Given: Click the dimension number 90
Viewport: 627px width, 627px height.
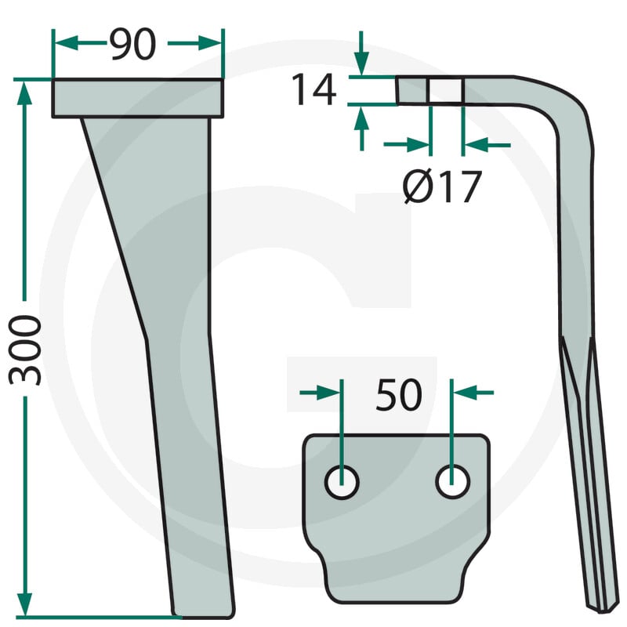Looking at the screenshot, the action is [133, 44].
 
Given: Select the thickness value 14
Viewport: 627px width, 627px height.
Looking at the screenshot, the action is [314, 89].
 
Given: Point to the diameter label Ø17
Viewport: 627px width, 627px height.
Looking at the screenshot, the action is [442, 187].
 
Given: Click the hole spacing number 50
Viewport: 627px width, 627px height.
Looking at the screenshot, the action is [399, 395].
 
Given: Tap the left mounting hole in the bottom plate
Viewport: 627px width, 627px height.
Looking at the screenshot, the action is [342, 482].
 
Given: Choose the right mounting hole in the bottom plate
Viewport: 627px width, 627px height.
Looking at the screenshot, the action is [453, 482].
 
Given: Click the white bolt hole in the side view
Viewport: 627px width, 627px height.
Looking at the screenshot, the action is [445, 90].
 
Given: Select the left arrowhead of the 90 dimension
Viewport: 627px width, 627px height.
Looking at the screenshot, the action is [66, 43].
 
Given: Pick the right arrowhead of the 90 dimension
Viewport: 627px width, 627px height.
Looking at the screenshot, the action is [209, 43].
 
